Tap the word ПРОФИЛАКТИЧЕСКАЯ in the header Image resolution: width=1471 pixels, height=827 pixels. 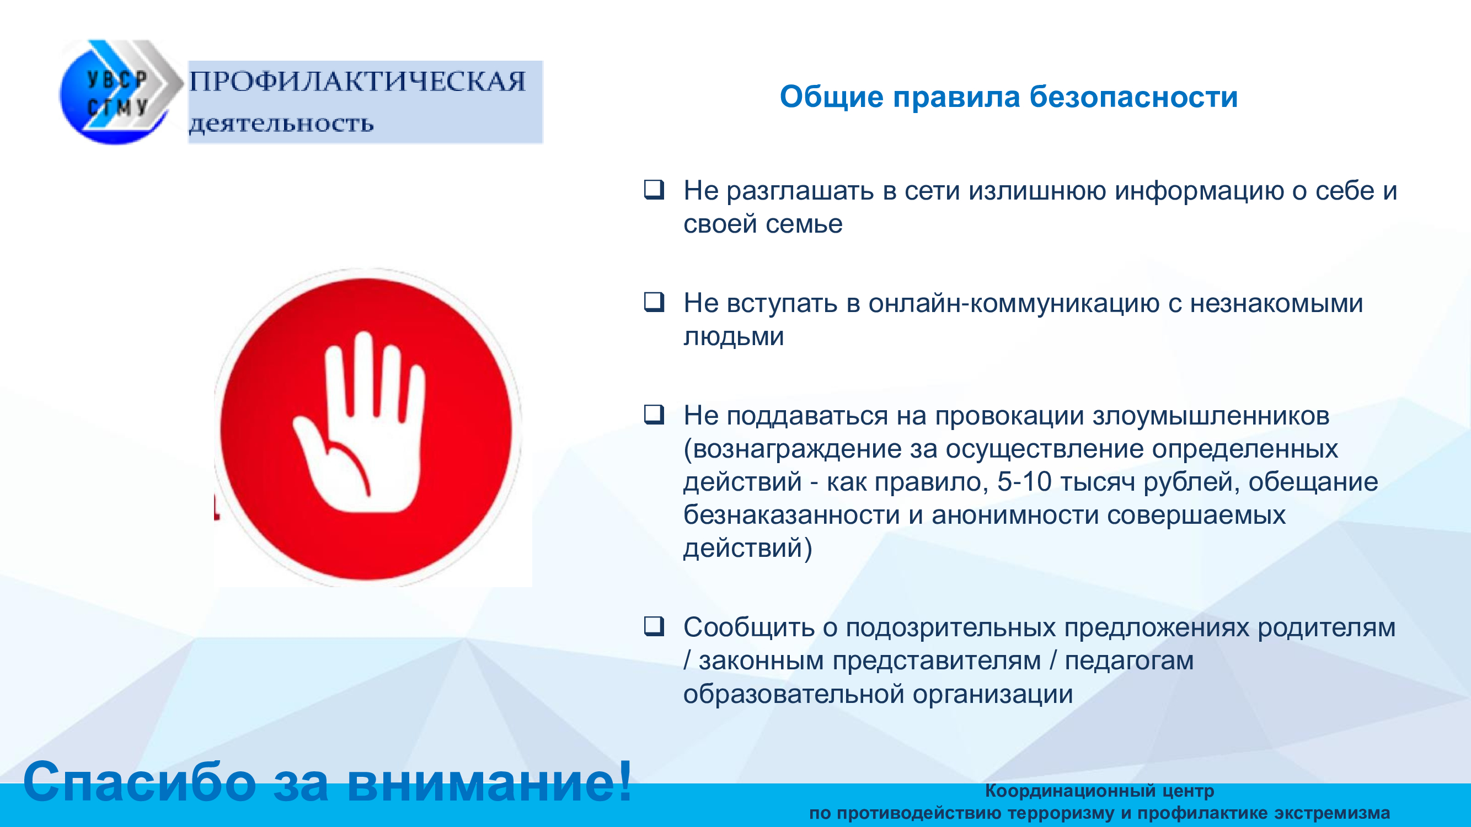tap(357, 82)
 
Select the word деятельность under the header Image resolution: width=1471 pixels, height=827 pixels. tap(281, 124)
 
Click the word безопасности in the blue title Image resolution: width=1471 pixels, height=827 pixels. tap(1133, 96)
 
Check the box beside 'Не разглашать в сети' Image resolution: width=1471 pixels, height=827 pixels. tap(654, 189)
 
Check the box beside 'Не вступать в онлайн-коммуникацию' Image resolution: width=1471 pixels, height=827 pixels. tap(654, 302)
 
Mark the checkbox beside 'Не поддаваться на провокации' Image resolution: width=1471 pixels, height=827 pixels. tap(654, 414)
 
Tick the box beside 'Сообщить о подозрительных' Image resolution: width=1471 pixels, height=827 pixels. tap(654, 626)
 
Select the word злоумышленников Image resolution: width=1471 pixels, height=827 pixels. tap(1211, 416)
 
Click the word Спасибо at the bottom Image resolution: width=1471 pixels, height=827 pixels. tap(140, 782)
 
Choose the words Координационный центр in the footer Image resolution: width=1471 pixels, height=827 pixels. tap(1100, 791)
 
